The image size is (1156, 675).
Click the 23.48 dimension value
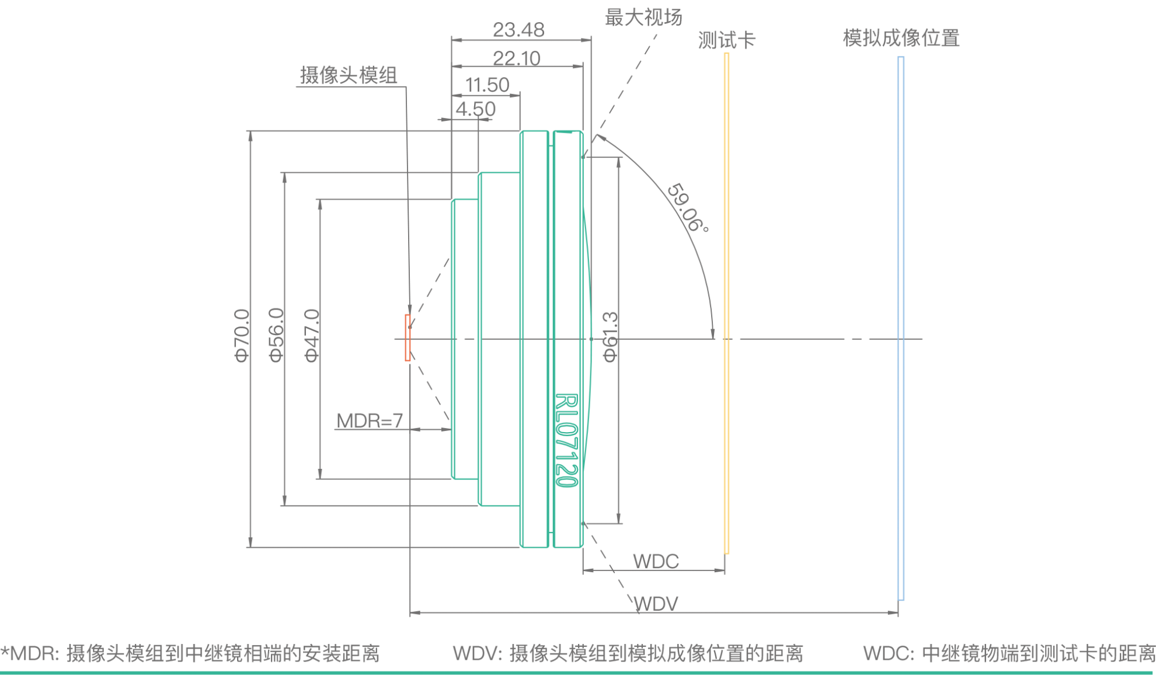[x=518, y=29]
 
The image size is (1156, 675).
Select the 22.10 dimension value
[x=517, y=58]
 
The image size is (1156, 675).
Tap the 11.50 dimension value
[x=487, y=85]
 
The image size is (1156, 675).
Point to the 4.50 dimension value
[x=475, y=109]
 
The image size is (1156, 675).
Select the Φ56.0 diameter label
[x=277, y=335]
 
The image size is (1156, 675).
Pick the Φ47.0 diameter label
[x=312, y=335]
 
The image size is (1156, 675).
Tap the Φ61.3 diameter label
[x=610, y=337]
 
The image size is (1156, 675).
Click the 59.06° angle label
[x=688, y=208]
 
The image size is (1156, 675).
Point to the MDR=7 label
[x=370, y=420]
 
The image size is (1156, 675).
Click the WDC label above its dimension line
[x=656, y=561]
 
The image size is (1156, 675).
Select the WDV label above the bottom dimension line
[x=656, y=603]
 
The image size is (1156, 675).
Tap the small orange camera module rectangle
[x=408, y=337]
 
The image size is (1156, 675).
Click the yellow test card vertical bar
[x=726, y=304]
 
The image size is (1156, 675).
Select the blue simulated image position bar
[x=901, y=327]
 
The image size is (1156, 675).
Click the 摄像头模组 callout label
[x=349, y=75]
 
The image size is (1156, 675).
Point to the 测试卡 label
[x=726, y=40]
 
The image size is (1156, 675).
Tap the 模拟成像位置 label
[x=901, y=38]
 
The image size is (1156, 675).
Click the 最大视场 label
[x=643, y=17]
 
